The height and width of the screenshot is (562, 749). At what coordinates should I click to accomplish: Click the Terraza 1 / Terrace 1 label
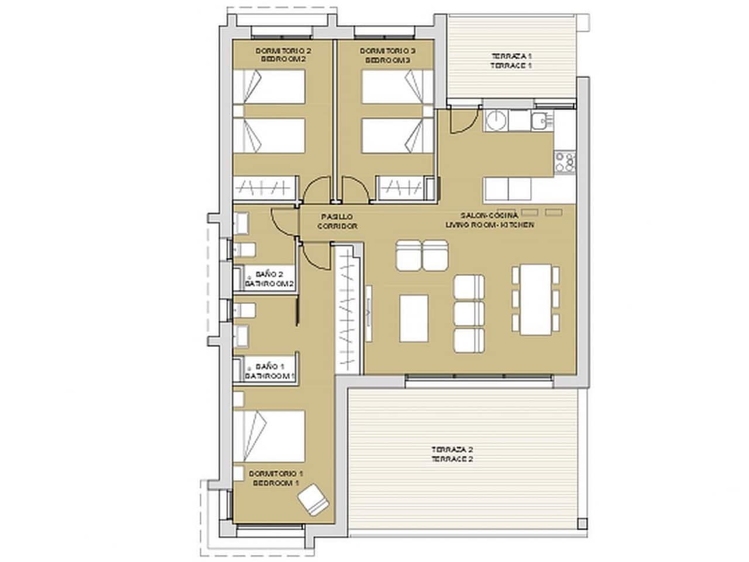(511, 61)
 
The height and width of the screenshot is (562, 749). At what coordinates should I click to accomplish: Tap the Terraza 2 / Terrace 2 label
(452, 454)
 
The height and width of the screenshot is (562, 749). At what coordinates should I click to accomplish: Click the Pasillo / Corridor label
(336, 221)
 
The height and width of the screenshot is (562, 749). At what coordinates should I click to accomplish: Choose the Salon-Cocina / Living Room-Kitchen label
(489, 220)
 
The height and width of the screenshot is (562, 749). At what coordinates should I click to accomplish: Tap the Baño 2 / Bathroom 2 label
(269, 279)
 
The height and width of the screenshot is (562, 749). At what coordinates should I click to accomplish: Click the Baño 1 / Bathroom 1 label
(269, 371)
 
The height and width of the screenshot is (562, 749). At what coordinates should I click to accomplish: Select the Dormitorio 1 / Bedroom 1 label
(276, 478)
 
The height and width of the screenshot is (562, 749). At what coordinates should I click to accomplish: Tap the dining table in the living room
(535, 299)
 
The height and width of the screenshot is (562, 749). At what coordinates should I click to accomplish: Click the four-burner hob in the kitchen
(565, 162)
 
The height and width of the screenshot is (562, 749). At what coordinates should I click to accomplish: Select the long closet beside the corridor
(348, 307)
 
